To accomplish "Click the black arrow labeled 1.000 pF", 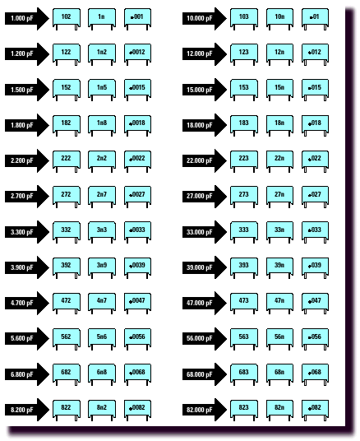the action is (26, 19).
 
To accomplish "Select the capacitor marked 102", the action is (67, 19).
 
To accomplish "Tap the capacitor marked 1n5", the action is (102, 90).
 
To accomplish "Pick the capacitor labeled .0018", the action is (137, 125).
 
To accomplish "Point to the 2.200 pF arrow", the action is (26, 160).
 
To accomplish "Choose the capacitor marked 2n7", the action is (102, 197).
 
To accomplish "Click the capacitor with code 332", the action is (67, 232).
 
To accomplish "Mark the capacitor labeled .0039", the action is (137, 267).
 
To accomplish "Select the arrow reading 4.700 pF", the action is (26, 303).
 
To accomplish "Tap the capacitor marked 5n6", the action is (102, 339).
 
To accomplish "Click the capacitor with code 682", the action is (67, 374).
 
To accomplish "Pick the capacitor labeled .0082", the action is (137, 410).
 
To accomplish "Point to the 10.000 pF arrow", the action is (205, 19).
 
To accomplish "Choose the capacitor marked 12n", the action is (279, 54).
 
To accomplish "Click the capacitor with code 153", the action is (244, 90).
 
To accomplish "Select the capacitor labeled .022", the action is (315, 160).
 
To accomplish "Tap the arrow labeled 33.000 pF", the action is (205, 232).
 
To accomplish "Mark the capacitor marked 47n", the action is (279, 304).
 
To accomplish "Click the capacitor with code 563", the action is (244, 339).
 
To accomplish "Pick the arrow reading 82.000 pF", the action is (205, 410).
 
